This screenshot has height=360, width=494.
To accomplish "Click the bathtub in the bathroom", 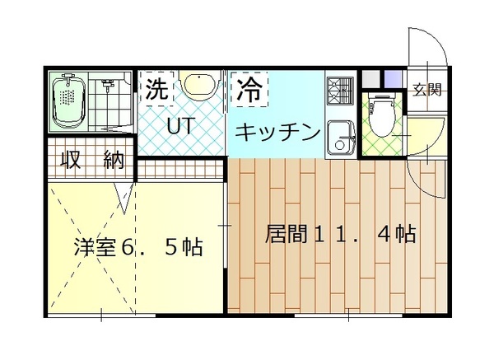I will (x=68, y=104).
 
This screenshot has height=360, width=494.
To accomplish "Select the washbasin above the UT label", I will (x=197, y=85).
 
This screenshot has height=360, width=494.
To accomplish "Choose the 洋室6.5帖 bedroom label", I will (x=138, y=245).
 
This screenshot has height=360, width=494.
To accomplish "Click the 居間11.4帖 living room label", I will (x=339, y=234).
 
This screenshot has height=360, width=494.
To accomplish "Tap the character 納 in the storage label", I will (x=114, y=160).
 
